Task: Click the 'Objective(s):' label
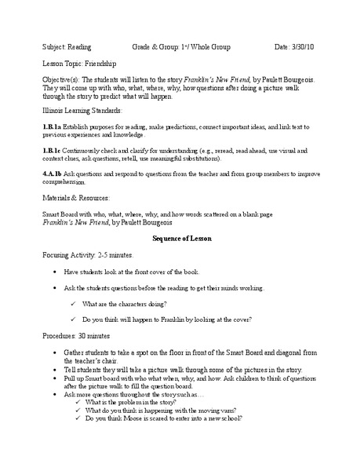coord(61,81)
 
